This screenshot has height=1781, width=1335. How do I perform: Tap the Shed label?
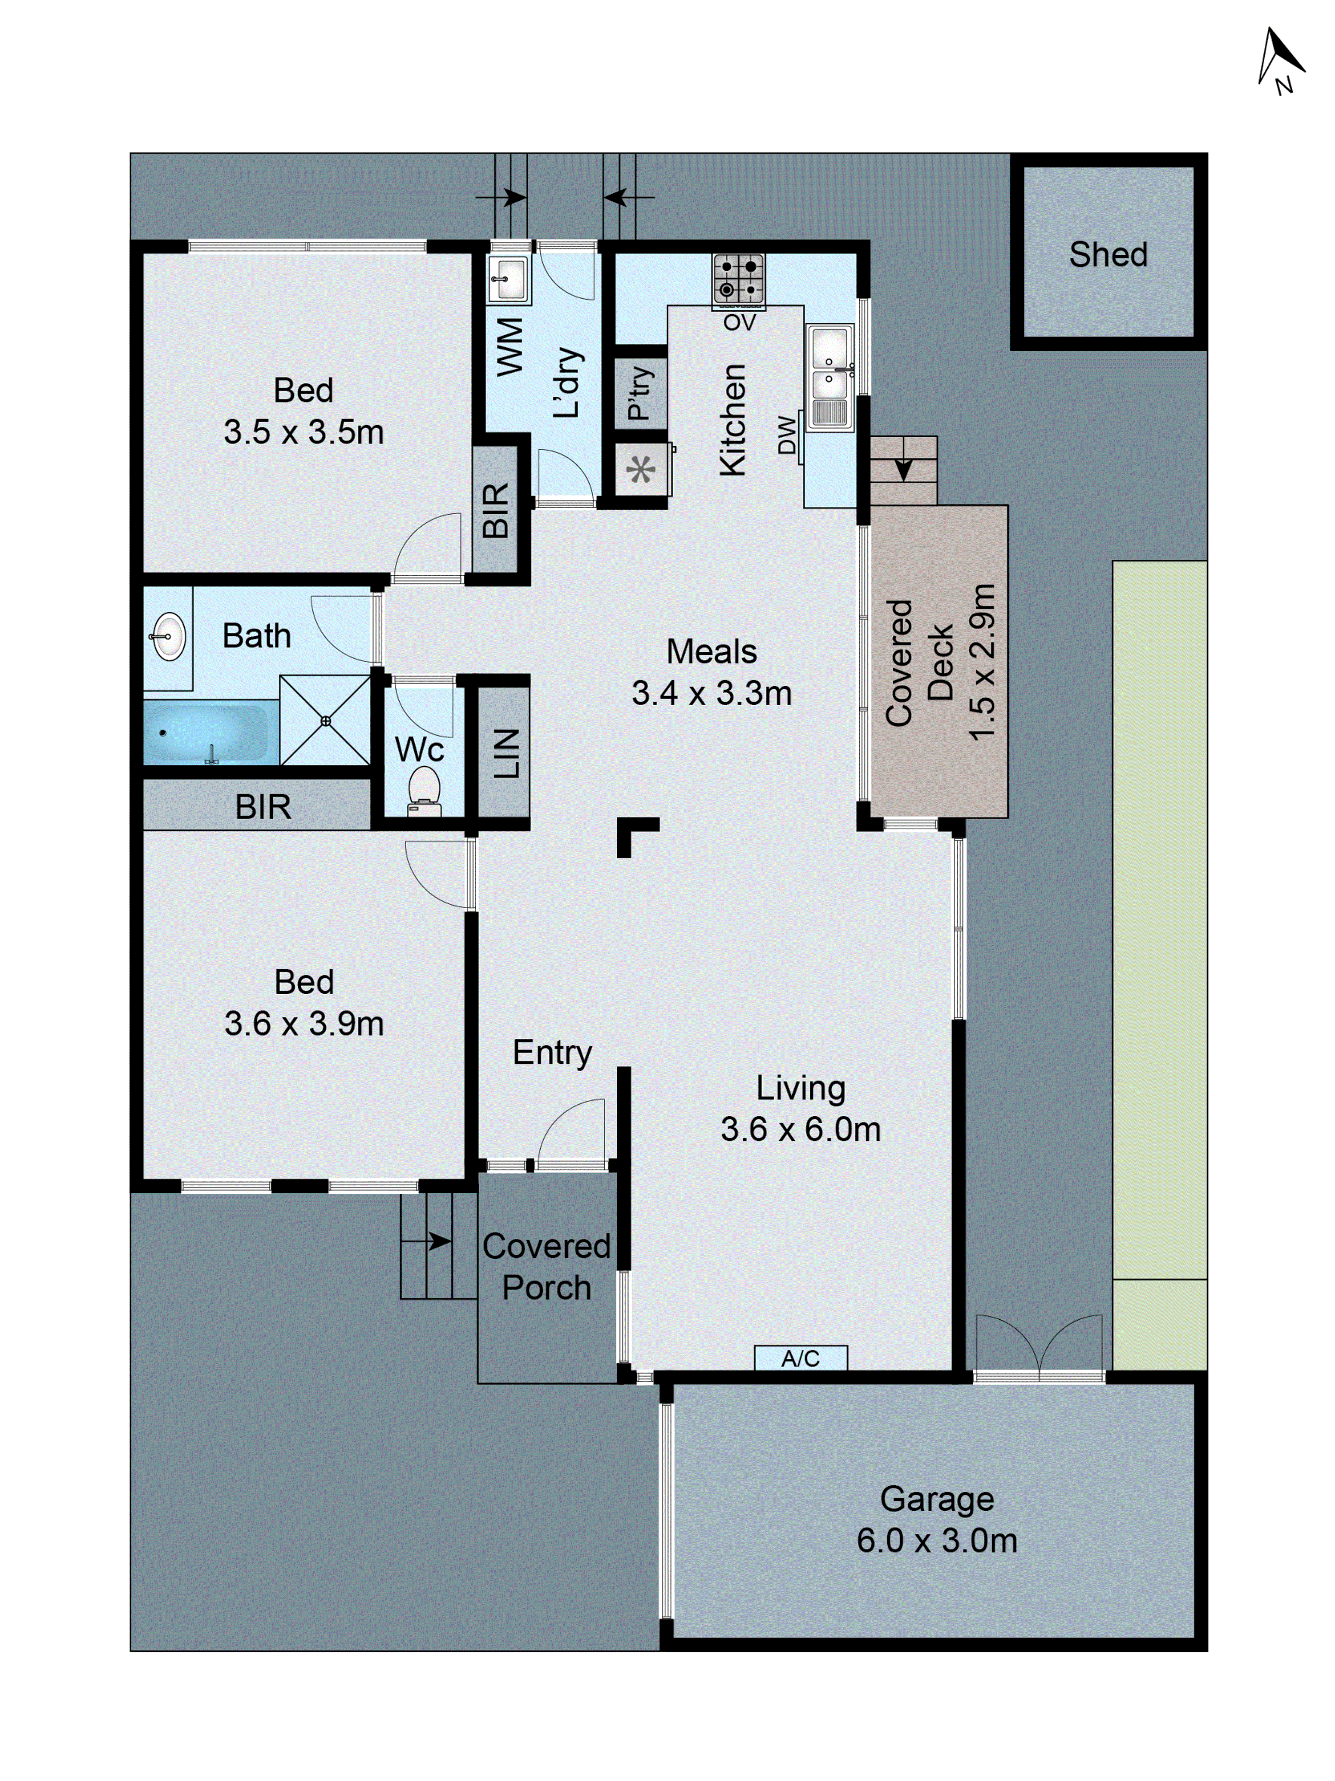1107,254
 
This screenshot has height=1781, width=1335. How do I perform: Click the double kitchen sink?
829,377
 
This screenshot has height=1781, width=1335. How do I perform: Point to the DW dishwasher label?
787,435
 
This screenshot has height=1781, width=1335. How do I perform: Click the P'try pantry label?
640,393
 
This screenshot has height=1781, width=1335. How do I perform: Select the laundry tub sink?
509,279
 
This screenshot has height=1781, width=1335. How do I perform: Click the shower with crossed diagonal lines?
325,720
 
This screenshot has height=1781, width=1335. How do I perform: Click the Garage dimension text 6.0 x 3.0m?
937,1540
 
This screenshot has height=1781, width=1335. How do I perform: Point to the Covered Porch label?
546,1266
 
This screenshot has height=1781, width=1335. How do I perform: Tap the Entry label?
552,1052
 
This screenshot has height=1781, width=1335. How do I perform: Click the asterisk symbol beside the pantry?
640,469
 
